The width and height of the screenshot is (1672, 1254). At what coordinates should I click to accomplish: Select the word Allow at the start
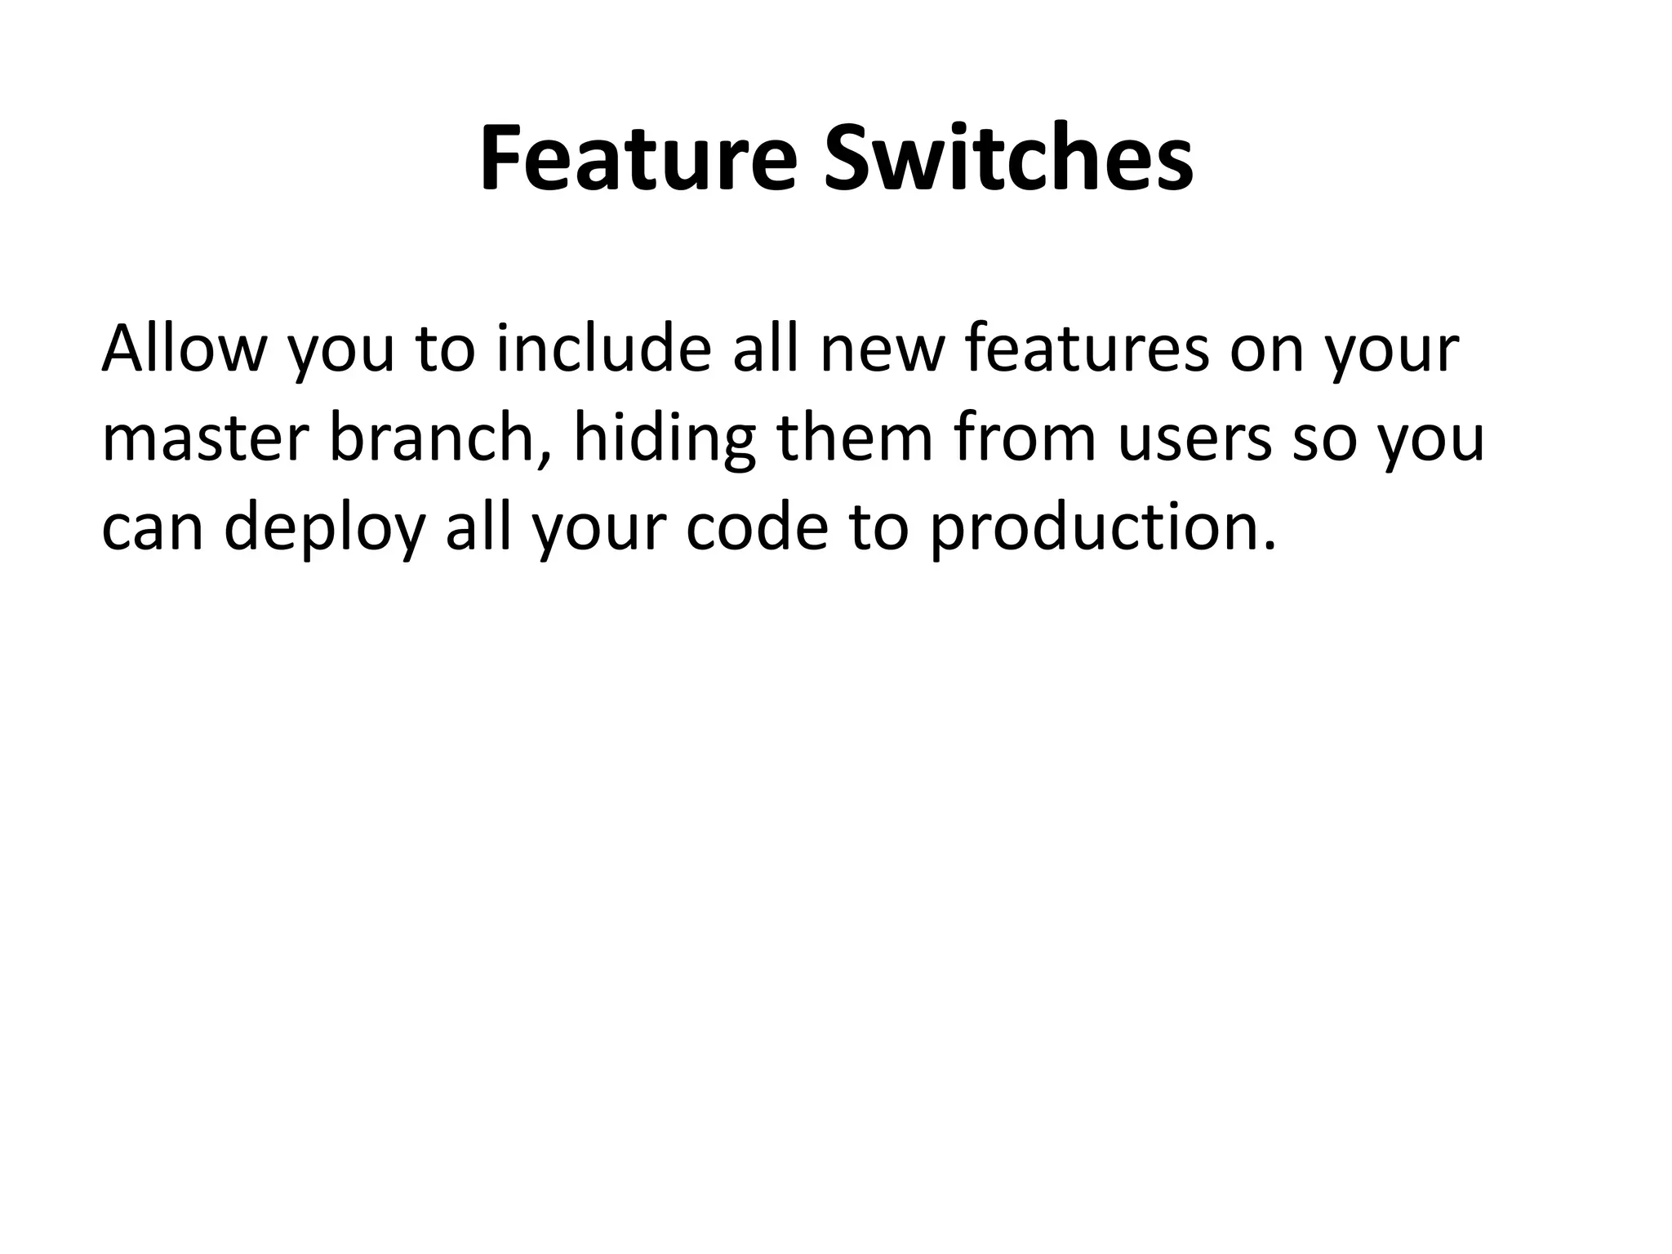point(185,349)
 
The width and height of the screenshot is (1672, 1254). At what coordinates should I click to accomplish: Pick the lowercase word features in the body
point(1087,349)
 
